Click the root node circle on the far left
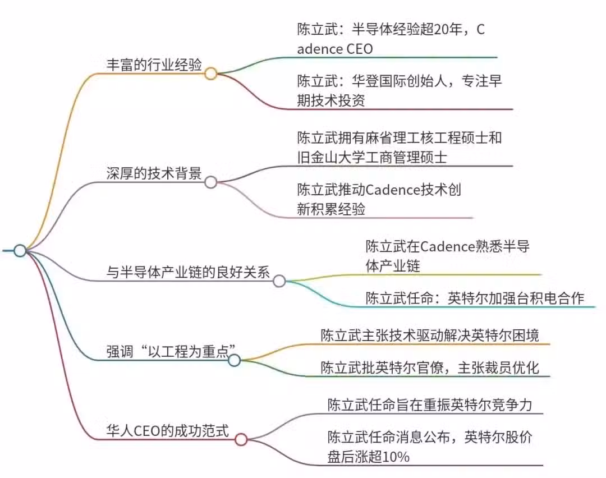coord(20,251)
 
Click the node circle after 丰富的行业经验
coord(210,73)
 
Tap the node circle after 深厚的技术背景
coord(210,182)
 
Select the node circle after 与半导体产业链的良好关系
coord(279,281)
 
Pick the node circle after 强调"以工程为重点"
coord(234,361)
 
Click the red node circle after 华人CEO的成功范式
coord(241,439)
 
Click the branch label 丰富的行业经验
coord(154,65)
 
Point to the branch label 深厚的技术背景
coord(154,173)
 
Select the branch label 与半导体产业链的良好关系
coord(188,273)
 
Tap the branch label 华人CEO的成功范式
coord(168,431)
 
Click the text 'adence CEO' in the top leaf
coord(335,49)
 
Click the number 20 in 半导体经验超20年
coord(442,29)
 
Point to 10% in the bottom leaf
coord(396,457)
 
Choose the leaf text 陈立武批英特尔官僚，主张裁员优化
coord(430,367)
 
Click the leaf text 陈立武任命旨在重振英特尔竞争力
coord(430,405)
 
